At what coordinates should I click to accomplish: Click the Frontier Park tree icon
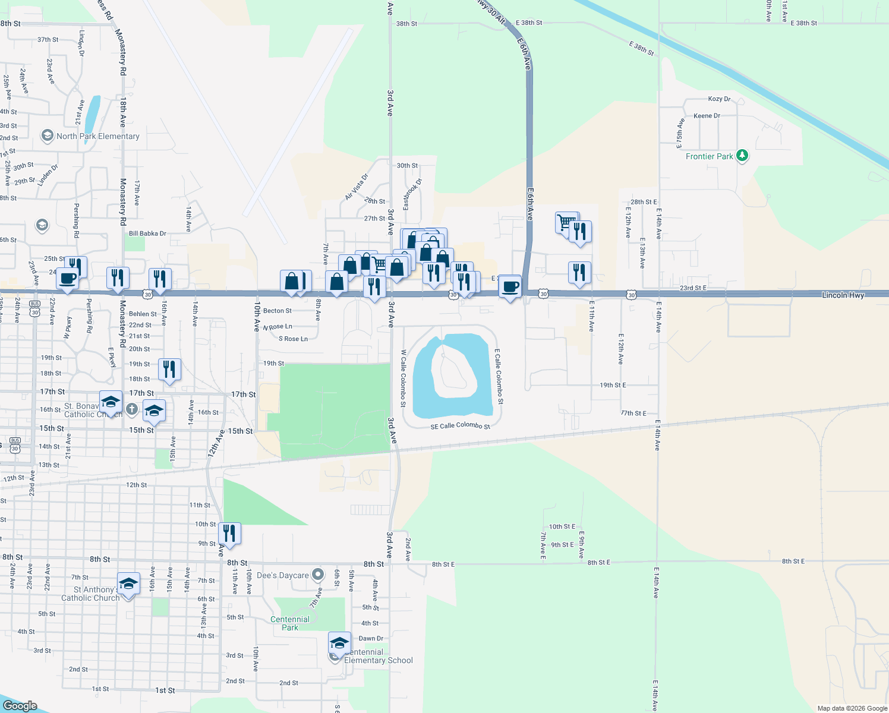(742, 156)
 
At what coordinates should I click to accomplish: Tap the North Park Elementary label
(97, 136)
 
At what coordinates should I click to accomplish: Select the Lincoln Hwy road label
(843, 295)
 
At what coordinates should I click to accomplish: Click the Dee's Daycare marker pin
(319, 575)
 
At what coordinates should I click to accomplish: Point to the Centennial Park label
(290, 623)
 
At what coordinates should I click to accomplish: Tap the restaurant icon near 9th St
(229, 534)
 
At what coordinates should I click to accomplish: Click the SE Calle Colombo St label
(461, 426)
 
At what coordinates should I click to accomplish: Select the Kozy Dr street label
(719, 99)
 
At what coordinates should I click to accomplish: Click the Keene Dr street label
(707, 116)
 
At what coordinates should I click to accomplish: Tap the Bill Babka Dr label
(147, 234)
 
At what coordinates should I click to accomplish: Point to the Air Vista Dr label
(357, 187)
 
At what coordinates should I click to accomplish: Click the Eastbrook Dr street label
(412, 194)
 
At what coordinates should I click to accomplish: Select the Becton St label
(278, 311)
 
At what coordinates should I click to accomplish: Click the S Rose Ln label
(294, 339)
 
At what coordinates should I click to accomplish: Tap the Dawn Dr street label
(371, 639)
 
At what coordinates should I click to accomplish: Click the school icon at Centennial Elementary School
(339, 643)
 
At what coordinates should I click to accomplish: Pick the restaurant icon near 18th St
(169, 370)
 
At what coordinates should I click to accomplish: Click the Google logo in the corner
(20, 705)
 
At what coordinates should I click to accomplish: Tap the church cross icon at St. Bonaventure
(132, 409)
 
